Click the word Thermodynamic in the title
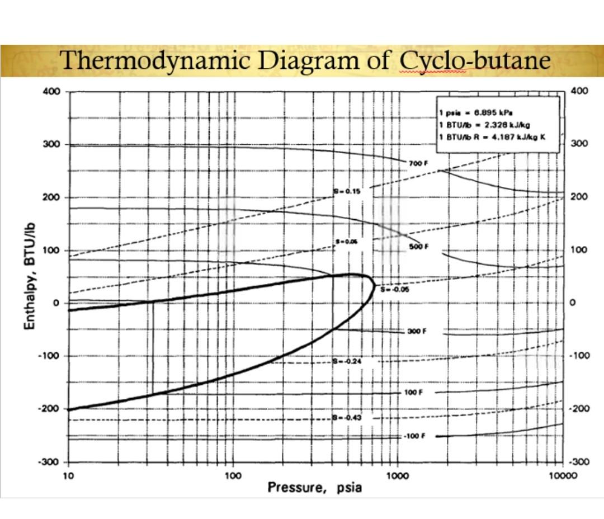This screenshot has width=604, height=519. coord(156,60)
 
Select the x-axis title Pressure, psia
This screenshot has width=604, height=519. coord(314,487)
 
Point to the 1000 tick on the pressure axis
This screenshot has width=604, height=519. coord(397,476)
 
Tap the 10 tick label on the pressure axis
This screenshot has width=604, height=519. coord(68,476)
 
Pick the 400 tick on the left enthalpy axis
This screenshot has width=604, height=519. coord(51,92)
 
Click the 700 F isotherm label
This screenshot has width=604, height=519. coord(418,163)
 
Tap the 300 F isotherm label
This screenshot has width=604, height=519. coord(417,331)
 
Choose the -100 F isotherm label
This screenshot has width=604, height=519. coord(414,436)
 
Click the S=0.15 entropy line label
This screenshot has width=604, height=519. coord(347,191)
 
